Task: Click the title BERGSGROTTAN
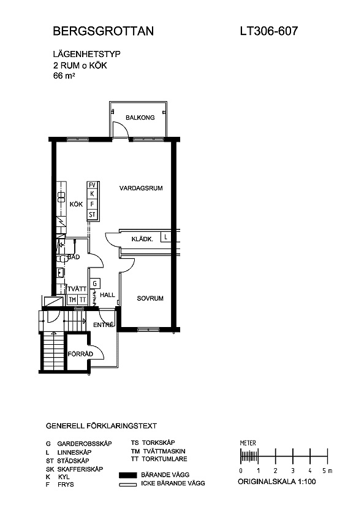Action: click(x=103, y=31)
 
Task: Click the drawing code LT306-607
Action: click(x=269, y=31)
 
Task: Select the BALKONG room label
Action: click(x=140, y=117)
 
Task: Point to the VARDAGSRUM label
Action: click(x=141, y=188)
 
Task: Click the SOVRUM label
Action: click(x=150, y=298)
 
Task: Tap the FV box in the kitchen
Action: click(x=92, y=185)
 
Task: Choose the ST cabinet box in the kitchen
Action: click(x=92, y=215)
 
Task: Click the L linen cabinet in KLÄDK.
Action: click(x=165, y=237)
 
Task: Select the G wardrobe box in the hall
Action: click(x=95, y=283)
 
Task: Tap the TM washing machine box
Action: click(x=72, y=300)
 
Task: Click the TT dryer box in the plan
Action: click(x=83, y=300)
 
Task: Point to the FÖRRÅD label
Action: click(x=80, y=354)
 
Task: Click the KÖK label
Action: click(x=76, y=204)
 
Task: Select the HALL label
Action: click(x=107, y=295)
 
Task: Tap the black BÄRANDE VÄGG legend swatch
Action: click(x=128, y=475)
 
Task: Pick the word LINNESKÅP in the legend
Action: click(x=74, y=452)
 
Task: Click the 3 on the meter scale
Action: click(x=293, y=471)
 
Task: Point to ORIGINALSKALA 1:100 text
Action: click(x=277, y=482)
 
